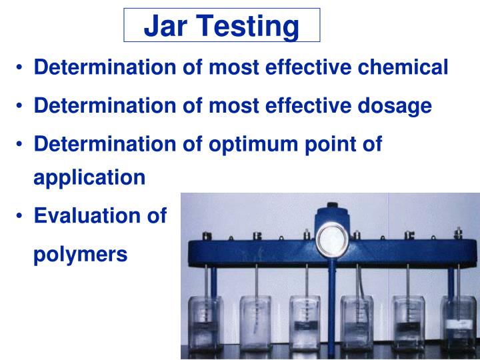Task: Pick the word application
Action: pos(89,177)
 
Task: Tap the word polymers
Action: pos(80,254)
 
